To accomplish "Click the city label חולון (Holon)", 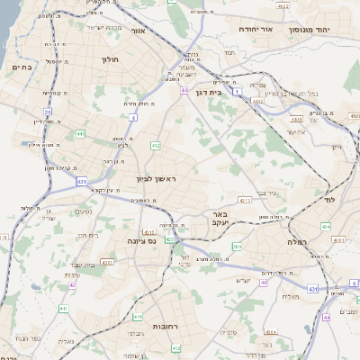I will [x=106, y=62].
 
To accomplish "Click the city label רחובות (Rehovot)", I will [x=168, y=326].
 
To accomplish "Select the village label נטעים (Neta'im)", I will [x=83, y=212].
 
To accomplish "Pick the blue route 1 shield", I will [x=237, y=92].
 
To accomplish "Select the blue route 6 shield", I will [x=354, y=283].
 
